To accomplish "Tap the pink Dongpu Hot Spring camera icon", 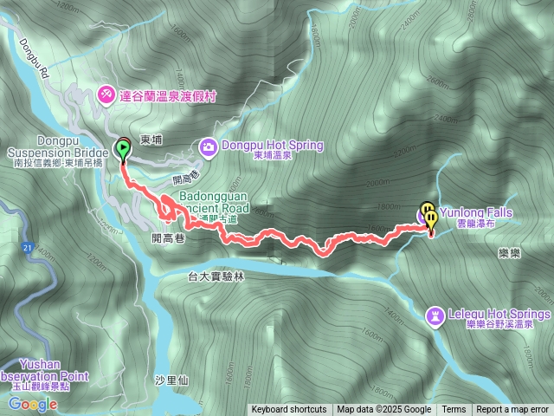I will pos(209,146).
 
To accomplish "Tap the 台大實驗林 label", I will pos(216,276).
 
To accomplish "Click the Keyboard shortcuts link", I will pos(289,410).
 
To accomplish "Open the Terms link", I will pos(454,410).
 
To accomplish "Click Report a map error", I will pos(512,410).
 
